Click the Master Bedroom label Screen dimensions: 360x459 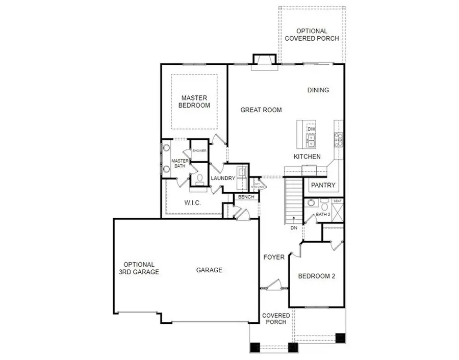(x=196, y=101)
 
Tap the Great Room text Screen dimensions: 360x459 (x=261, y=110)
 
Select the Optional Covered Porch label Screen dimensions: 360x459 (x=312, y=35)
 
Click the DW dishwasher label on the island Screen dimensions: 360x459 (x=311, y=130)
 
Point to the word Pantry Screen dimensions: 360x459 (x=323, y=185)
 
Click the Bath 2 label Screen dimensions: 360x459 (x=323, y=214)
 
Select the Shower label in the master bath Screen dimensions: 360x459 (x=199, y=151)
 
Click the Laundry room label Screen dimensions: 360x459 (x=223, y=178)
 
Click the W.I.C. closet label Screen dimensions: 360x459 (x=192, y=203)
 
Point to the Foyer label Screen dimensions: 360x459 (x=274, y=257)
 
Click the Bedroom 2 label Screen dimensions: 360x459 (x=316, y=276)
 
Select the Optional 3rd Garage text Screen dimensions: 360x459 (x=139, y=268)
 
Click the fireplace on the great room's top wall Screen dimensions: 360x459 (x=265, y=60)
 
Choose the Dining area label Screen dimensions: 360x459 (x=318, y=90)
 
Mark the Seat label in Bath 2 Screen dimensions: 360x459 (x=337, y=200)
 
